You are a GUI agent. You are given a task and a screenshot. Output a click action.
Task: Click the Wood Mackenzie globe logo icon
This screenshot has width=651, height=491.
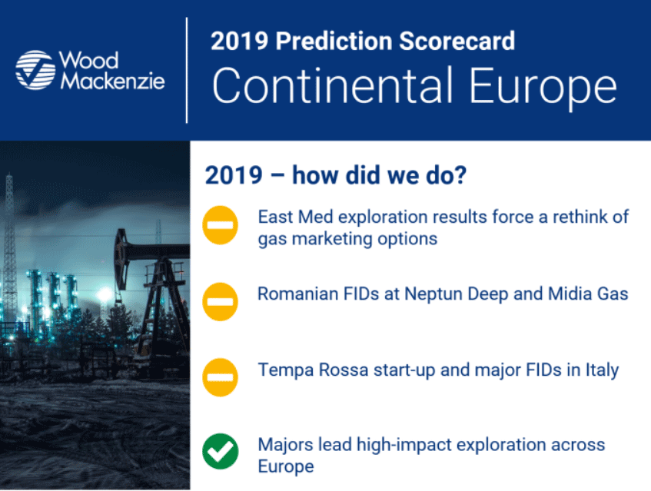click(35, 70)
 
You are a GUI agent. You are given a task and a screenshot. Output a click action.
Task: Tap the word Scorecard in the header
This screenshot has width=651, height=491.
click(457, 41)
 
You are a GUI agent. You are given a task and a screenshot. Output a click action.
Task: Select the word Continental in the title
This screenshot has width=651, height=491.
click(332, 85)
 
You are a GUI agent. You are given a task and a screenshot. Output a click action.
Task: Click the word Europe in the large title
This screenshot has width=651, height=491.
click(543, 89)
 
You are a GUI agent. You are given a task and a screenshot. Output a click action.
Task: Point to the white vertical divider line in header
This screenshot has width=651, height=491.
click(187, 70)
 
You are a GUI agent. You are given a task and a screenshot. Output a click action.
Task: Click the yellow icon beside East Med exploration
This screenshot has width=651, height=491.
click(220, 225)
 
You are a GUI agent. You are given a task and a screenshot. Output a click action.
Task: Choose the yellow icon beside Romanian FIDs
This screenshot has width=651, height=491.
click(220, 302)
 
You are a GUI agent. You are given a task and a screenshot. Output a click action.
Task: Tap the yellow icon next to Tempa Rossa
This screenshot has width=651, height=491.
click(220, 377)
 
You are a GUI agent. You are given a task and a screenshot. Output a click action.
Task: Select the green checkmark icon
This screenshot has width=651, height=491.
click(220, 451)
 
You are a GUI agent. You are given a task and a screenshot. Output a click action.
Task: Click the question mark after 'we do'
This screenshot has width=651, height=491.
click(460, 174)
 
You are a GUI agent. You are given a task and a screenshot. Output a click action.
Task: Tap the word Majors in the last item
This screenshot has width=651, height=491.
click(286, 445)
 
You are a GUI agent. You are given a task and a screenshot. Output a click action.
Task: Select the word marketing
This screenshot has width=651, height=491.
click(332, 240)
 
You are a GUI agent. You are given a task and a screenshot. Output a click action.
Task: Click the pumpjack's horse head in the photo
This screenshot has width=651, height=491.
click(121, 259)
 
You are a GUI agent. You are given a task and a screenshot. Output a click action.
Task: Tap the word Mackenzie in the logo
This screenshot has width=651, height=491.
click(112, 81)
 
